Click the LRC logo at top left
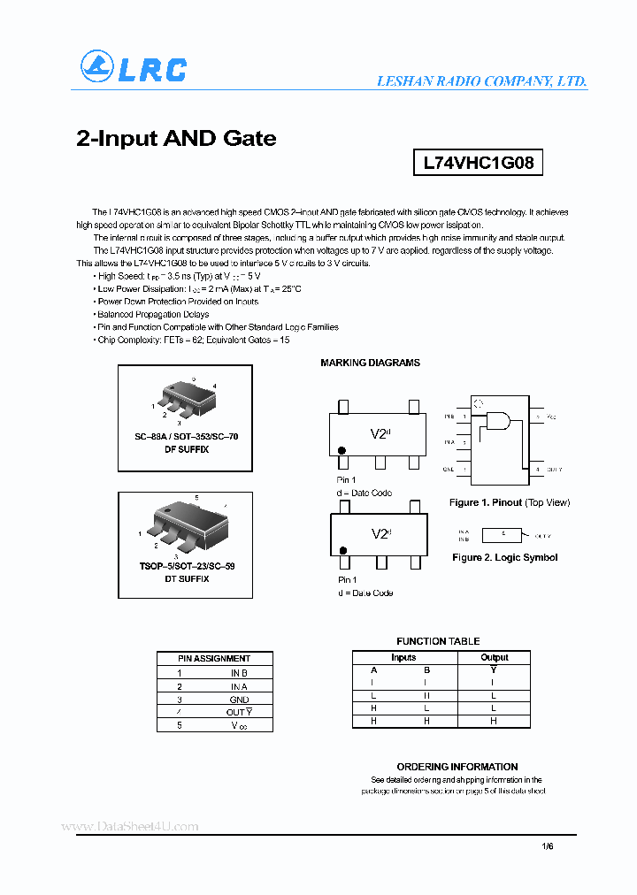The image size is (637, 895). click(x=134, y=67)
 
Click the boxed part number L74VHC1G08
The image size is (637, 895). click(x=478, y=163)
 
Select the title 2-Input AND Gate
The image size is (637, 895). click(x=176, y=138)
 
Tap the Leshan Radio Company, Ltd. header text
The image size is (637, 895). click(x=481, y=80)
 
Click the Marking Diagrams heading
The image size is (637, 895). click(x=370, y=363)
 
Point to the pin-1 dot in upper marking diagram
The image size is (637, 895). click(x=342, y=451)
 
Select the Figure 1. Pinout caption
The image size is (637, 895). click(x=509, y=502)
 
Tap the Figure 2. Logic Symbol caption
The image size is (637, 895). click(x=504, y=557)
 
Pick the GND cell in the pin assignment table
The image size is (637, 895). click(x=238, y=700)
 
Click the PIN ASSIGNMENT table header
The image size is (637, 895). click(x=214, y=658)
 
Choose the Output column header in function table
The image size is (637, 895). click(x=494, y=657)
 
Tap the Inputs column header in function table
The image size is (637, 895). click(x=403, y=657)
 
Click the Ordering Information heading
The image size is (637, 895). click(x=457, y=767)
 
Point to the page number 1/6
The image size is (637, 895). click(x=547, y=846)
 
